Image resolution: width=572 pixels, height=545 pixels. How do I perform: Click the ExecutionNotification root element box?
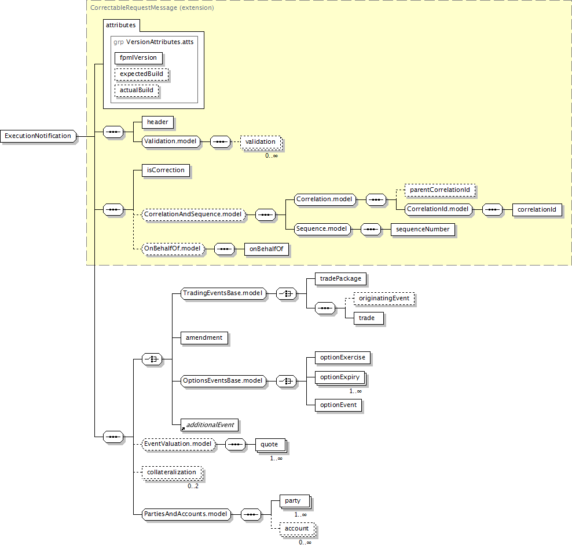(x=38, y=136)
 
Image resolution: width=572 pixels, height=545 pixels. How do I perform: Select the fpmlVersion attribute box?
(x=138, y=58)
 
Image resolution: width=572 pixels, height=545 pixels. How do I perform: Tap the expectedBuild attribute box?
(x=141, y=74)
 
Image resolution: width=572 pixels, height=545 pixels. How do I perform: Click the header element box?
(x=157, y=122)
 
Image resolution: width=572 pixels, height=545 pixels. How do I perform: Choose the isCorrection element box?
(x=166, y=170)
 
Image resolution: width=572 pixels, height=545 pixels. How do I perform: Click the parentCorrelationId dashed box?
(x=440, y=190)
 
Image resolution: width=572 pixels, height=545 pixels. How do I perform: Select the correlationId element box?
(x=537, y=210)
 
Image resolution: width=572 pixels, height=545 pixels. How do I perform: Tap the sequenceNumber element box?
(x=423, y=230)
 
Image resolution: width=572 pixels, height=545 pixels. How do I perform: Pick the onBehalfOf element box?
(x=266, y=249)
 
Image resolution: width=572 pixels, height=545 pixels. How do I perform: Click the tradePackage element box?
(x=341, y=279)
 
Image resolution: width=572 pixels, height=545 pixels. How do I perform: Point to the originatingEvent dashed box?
(x=384, y=299)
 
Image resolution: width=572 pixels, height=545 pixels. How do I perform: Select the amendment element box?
(x=204, y=338)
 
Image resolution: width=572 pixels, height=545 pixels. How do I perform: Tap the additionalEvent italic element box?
(x=210, y=425)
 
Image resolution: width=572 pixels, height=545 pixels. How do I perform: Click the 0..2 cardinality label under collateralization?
(x=193, y=486)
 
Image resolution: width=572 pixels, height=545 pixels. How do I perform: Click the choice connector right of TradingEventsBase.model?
(x=287, y=294)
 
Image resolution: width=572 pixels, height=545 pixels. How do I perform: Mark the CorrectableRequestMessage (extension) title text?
(x=152, y=8)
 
